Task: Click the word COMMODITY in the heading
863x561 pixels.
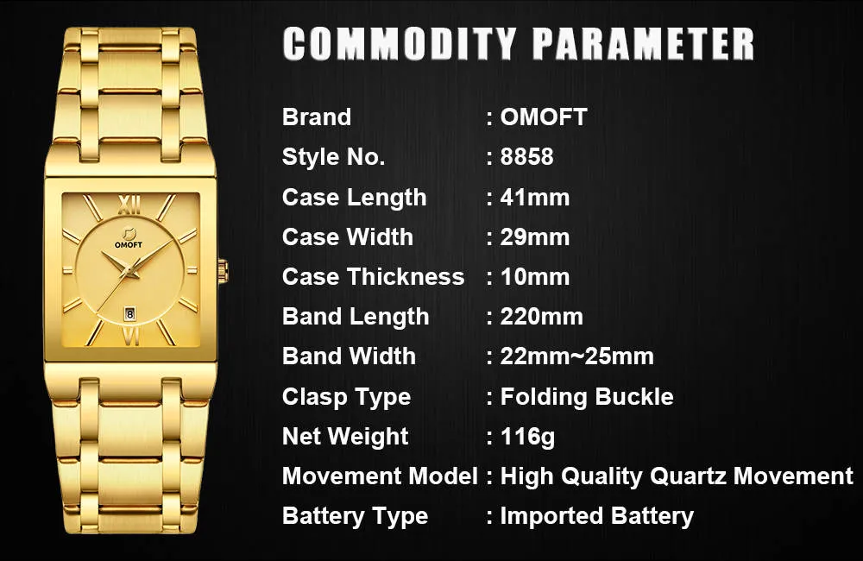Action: [399, 43]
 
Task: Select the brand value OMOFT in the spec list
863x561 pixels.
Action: [544, 117]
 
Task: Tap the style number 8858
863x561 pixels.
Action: [526, 157]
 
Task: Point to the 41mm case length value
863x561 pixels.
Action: [534, 197]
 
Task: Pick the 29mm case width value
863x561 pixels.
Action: [534, 236]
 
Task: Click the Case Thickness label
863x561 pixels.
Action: [373, 276]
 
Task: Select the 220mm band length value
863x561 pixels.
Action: [541, 317]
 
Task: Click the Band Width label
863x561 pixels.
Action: [349, 356]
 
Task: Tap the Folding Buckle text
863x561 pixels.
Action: [587, 396]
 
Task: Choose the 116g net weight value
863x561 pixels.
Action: [527, 437]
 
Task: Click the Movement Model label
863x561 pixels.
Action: [380, 476]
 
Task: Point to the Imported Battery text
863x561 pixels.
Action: [596, 516]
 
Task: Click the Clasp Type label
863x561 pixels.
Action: [346, 397]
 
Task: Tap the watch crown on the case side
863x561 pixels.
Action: [223, 271]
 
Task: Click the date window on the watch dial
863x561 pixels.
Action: [130, 314]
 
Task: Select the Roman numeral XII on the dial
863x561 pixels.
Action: [129, 205]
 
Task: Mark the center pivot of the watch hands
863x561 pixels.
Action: [130, 270]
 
